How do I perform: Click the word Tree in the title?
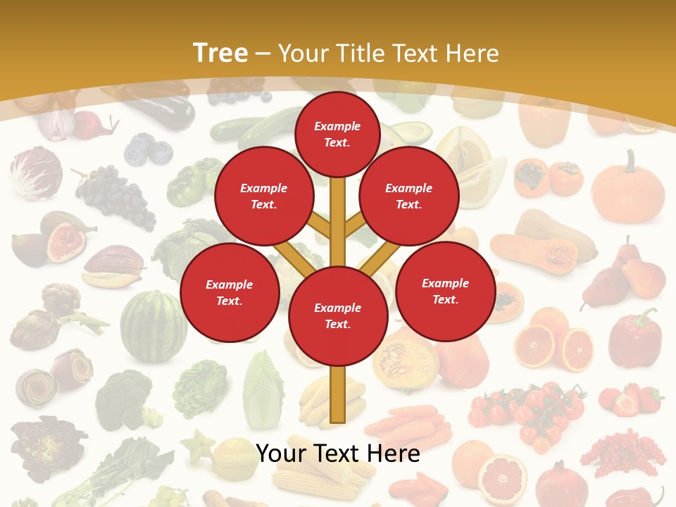[220, 53]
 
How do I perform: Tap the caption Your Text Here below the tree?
[337, 453]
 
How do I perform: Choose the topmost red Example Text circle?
[337, 134]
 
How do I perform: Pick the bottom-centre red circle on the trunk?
[337, 315]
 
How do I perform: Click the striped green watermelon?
[154, 325]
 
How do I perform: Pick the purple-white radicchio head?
[34, 172]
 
